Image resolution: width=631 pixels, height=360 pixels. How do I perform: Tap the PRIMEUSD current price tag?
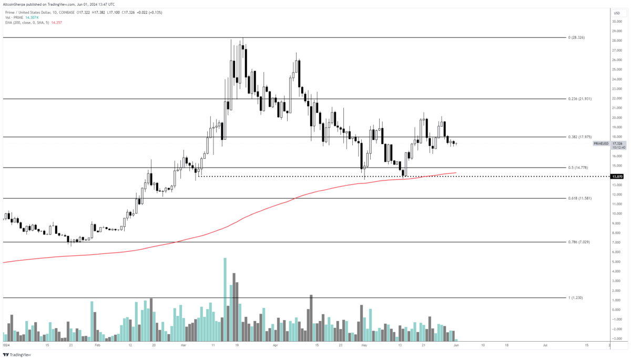pyautogui.click(x=601, y=143)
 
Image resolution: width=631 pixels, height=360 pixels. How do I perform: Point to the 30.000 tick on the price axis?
pyautogui.click(x=617, y=22)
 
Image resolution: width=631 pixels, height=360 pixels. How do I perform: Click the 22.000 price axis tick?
pyautogui.click(x=617, y=98)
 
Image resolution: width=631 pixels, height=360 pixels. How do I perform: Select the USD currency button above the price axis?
pyautogui.click(x=617, y=12)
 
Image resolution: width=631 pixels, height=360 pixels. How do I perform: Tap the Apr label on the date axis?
pyautogui.click(x=276, y=346)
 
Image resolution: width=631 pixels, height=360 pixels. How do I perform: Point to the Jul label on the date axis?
pyautogui.click(x=545, y=346)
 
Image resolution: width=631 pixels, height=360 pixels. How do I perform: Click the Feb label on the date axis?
pyautogui.click(x=97, y=346)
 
